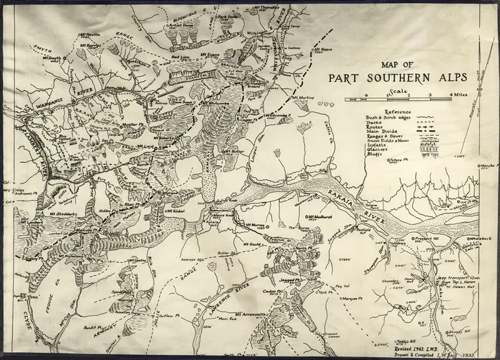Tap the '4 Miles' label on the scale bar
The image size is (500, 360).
click(x=458, y=94)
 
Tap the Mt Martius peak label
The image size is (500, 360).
click(x=304, y=97)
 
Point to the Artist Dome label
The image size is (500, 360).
click(x=181, y=24)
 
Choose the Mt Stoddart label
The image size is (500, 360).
click(x=64, y=213)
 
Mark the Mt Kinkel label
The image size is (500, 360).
click(x=174, y=211)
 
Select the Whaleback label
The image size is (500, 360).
click(x=477, y=237)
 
